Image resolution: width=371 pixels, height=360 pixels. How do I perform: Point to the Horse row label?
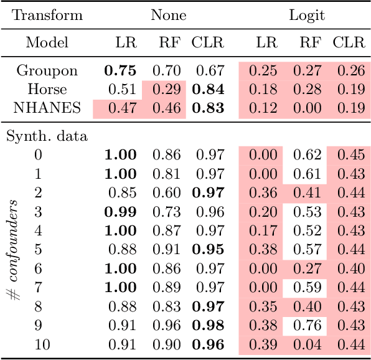pos(43,89)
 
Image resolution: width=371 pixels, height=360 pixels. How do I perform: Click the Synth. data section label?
pos(47,135)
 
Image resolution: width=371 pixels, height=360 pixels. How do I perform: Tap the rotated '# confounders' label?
pos(15,249)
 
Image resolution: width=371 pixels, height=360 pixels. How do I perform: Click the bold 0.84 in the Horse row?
pos(208,89)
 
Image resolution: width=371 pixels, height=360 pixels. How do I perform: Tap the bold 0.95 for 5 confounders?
pos(208,249)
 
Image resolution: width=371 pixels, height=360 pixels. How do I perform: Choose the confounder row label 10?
pos(42,344)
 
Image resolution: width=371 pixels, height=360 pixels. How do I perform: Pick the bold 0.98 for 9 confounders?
pos(208,325)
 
